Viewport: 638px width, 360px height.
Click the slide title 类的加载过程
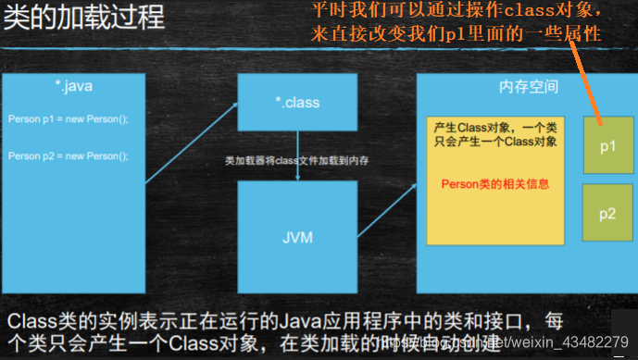84,19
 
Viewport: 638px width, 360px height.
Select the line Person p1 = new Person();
69,120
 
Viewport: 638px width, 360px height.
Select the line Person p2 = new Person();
69,155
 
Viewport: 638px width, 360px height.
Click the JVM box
297,237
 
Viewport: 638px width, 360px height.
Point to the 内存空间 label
529,86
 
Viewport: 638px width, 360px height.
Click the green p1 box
607,146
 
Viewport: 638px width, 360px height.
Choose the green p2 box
607,214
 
